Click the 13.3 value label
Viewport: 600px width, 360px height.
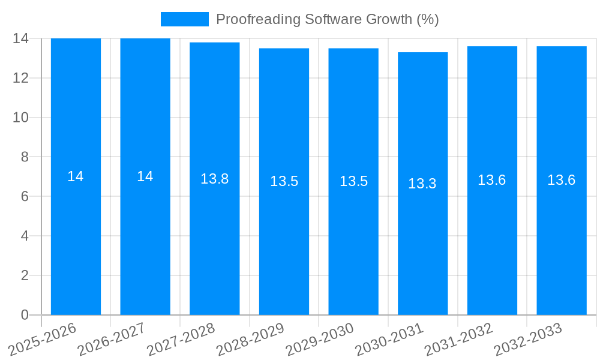[x=422, y=184]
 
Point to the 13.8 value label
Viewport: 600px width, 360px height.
[x=215, y=179]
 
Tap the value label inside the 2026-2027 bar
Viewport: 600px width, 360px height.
[x=145, y=176]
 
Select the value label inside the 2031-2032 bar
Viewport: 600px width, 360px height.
[x=492, y=180]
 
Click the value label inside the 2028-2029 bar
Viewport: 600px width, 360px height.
[x=284, y=181]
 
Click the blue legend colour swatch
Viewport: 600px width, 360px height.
[x=184, y=19]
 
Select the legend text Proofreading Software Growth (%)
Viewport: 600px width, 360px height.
[x=328, y=19]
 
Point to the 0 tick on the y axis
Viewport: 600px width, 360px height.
[x=25, y=315]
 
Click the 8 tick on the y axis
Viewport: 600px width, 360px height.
[x=25, y=157]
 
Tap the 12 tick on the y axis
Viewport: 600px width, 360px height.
[x=21, y=78]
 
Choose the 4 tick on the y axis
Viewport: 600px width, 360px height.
[x=25, y=236]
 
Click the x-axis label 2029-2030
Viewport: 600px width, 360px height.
[x=320, y=340]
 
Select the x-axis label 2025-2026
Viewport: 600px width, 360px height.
[x=43, y=340]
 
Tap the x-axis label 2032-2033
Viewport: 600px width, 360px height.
[x=528, y=340]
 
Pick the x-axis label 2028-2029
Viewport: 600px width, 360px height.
[x=250, y=340]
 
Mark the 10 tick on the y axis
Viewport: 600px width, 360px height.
[x=21, y=118]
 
